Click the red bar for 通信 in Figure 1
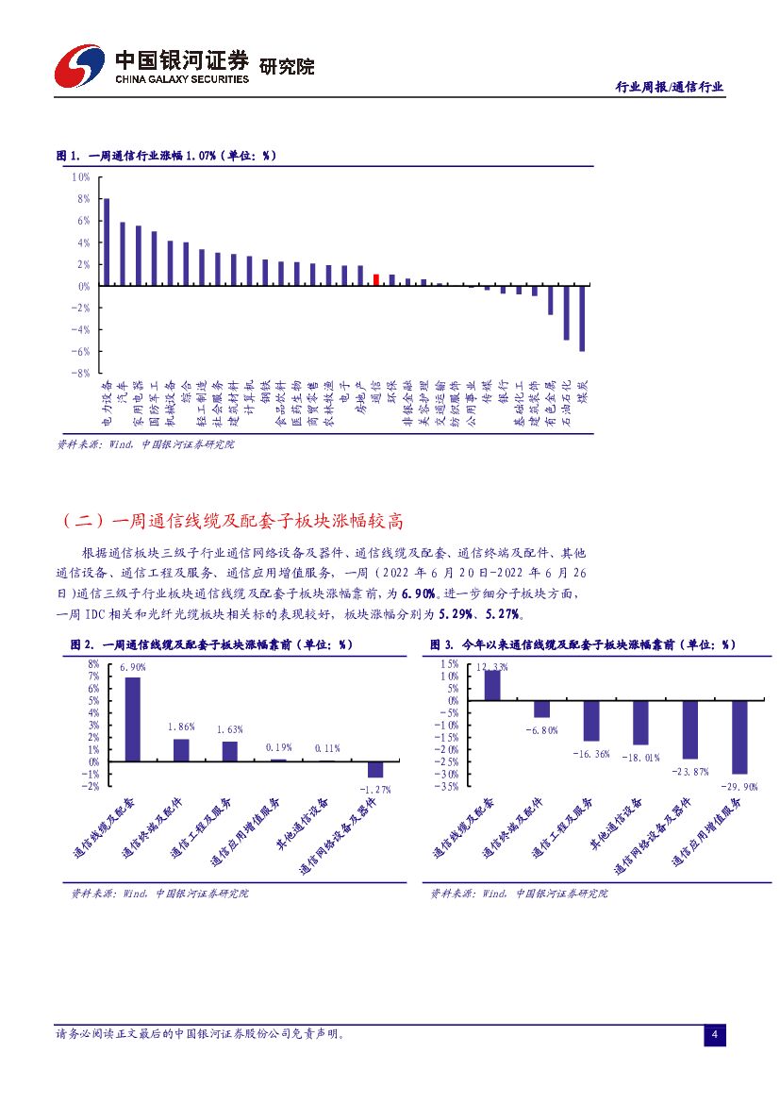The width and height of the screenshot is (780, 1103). (x=376, y=279)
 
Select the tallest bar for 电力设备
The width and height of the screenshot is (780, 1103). (x=107, y=242)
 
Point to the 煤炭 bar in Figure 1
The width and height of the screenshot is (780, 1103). (x=582, y=318)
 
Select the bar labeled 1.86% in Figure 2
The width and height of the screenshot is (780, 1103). (x=181, y=750)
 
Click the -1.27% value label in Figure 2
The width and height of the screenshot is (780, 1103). (x=374, y=789)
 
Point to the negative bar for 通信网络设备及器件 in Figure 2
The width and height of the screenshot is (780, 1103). (x=375, y=769)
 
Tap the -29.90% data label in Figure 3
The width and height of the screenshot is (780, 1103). (x=739, y=786)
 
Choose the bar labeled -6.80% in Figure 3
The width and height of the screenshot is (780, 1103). (x=541, y=710)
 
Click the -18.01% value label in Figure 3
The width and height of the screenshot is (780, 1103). (x=640, y=757)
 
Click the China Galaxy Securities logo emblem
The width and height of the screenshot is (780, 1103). (x=79, y=65)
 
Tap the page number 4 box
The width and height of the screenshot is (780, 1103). (x=715, y=1036)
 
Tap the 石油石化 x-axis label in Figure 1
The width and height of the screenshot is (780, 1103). (x=566, y=401)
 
